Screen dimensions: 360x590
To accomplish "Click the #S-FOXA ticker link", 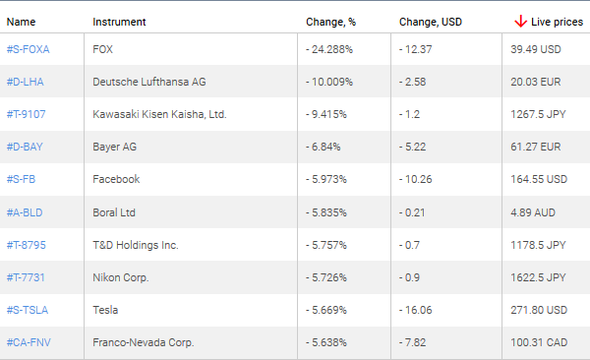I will tap(28, 49).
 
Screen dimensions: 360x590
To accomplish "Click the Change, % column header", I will tap(329, 21).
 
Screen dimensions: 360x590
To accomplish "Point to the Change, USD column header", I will tap(431, 21).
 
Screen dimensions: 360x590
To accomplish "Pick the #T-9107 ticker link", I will tap(27, 114).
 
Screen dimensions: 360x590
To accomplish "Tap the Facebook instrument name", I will tap(116, 179).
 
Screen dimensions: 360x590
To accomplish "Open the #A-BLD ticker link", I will tap(26, 211).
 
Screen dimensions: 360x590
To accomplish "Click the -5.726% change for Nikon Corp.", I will tap(327, 277).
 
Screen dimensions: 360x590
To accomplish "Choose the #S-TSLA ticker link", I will tap(28, 310).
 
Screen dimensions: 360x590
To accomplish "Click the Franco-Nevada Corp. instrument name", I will tap(144, 342).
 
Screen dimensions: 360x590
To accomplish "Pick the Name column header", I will tap(21, 21).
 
